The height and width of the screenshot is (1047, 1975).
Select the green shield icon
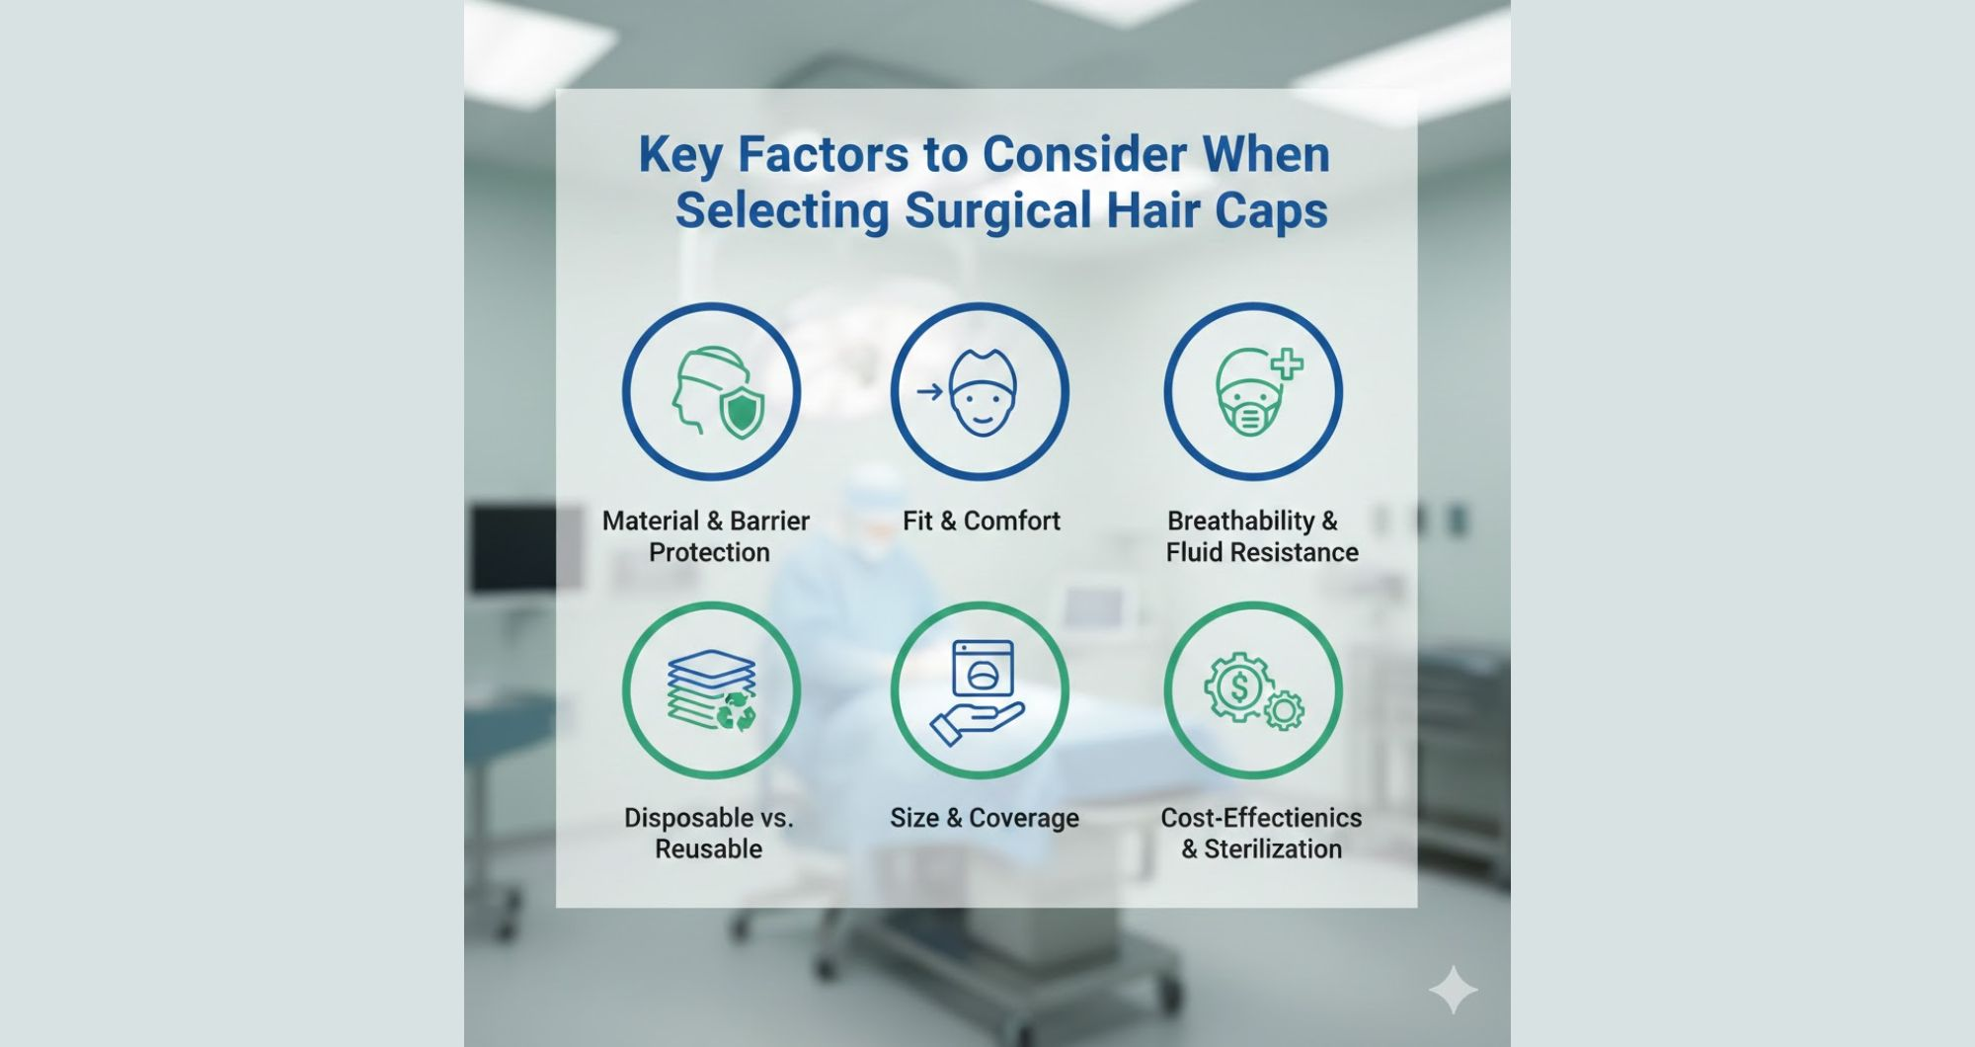pos(743,412)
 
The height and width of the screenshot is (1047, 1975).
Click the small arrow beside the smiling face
pos(929,392)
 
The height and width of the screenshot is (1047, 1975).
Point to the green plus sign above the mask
pos(1286,364)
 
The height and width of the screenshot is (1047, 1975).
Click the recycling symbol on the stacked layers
pos(737,711)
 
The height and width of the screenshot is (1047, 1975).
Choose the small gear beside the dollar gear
pos(1284,709)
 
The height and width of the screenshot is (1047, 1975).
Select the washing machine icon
pos(983,669)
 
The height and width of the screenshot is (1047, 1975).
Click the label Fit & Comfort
pos(982,521)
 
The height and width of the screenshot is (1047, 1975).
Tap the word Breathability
pos(1241,521)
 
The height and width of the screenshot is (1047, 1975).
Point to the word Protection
pos(709,552)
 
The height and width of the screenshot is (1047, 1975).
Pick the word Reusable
pos(709,848)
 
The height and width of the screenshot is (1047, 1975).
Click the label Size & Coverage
pos(985,818)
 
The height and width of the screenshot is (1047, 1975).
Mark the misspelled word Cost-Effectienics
pos(1261,818)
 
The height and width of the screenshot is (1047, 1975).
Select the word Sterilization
pos(1273,848)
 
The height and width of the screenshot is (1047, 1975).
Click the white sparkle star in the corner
pos(1453,990)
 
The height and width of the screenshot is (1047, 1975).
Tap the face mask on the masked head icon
pos(1250,415)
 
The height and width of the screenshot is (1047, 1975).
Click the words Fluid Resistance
pos(1262,552)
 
